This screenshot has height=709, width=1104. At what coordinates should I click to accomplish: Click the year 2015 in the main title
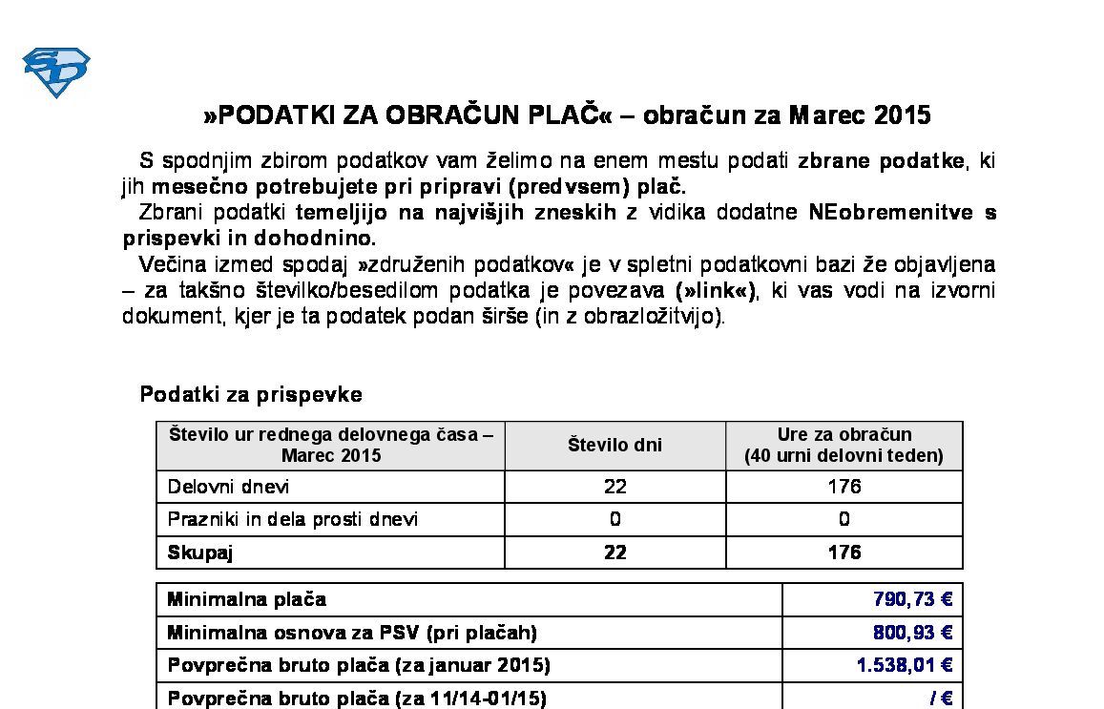(x=902, y=115)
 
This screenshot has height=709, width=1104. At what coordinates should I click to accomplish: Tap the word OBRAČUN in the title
(x=450, y=115)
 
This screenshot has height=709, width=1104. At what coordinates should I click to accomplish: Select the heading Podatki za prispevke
(x=251, y=394)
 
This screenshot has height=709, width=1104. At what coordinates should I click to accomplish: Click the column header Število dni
(x=614, y=445)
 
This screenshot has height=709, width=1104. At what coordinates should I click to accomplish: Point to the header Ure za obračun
(x=844, y=435)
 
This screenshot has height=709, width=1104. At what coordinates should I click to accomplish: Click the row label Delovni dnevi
(x=228, y=487)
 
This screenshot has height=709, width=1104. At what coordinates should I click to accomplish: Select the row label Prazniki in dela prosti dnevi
(x=293, y=519)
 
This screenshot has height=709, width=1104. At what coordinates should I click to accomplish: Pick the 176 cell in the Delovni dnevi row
(x=844, y=487)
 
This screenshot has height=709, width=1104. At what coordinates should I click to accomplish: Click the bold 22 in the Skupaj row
(x=614, y=553)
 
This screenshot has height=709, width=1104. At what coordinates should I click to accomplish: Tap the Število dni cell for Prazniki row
(x=614, y=519)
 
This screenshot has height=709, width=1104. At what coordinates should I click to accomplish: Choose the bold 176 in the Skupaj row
(x=844, y=553)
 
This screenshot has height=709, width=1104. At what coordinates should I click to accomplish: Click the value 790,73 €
(x=912, y=599)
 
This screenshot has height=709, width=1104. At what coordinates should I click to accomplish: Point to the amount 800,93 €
(x=912, y=632)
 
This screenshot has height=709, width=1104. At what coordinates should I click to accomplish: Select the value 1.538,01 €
(x=904, y=664)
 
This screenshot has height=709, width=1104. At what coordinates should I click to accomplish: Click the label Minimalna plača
(x=246, y=599)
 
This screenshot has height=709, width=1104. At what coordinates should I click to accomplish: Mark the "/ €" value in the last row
(x=940, y=698)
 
